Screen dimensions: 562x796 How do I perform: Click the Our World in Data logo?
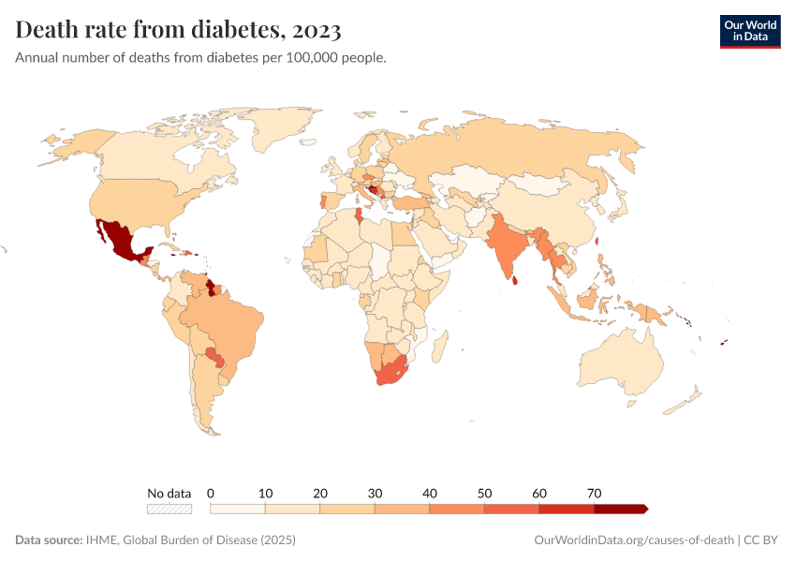pos(749,31)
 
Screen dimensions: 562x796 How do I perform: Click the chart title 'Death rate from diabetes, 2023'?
pos(178,30)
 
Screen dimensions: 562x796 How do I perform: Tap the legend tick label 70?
pos(594,493)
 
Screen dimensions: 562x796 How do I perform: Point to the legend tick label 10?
pos(265,493)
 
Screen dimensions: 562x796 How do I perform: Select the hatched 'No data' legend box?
pos(170,509)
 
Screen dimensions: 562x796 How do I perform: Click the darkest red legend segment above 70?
pos(620,509)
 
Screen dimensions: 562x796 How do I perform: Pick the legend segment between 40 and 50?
pos(457,509)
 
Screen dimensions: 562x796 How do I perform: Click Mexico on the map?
pos(116,238)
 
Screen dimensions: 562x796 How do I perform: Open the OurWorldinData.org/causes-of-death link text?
pos(633,540)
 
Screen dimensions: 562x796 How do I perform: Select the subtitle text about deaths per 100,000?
pos(201,58)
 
